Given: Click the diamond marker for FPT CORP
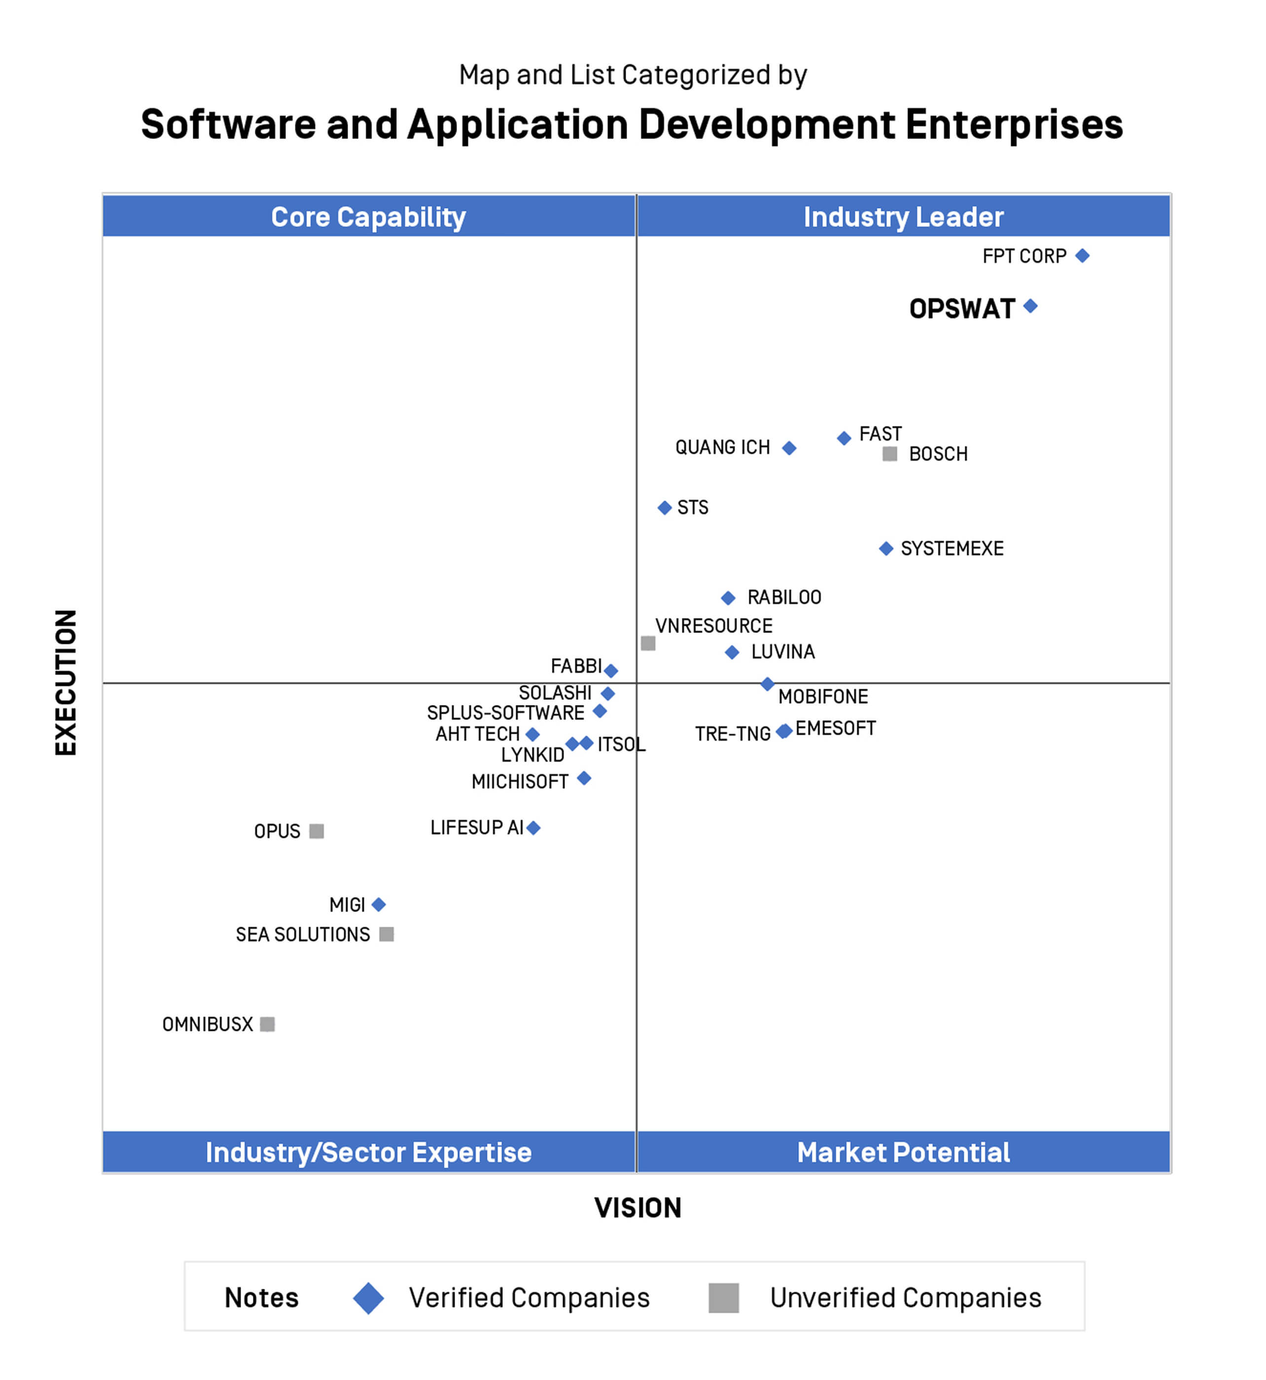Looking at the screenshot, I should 1083,255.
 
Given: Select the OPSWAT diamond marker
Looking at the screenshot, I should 1030,306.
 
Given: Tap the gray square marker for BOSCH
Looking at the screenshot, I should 890,454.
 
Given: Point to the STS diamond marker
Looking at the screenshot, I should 665,508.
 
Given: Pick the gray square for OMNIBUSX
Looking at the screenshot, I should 268,1025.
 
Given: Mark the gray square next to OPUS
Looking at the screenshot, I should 316,831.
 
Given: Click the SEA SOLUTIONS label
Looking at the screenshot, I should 303,935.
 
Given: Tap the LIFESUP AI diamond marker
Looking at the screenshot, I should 534,828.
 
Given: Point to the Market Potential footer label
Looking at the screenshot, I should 903,1153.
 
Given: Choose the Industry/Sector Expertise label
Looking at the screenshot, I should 369,1153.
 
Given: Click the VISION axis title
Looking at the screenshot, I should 638,1208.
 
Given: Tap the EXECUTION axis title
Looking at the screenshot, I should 66,682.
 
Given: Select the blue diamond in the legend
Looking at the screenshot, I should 369,1299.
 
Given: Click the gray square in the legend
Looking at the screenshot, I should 723,1299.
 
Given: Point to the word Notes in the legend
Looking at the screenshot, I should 262,1299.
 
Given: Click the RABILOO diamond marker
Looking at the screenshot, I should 728,598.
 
